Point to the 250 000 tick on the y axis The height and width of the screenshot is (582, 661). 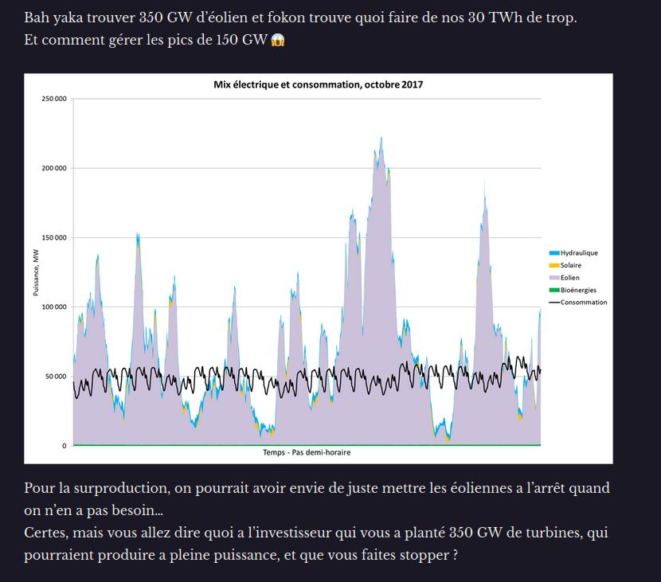(55, 99)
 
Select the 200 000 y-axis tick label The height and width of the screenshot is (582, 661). (55, 168)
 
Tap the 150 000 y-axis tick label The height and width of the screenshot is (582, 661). (55, 237)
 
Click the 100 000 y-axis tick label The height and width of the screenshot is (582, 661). (55, 307)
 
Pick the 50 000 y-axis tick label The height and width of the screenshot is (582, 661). (57, 377)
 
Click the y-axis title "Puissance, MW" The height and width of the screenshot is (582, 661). (36, 272)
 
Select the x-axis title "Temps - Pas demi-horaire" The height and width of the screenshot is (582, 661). (307, 452)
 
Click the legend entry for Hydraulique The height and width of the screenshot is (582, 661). (579, 253)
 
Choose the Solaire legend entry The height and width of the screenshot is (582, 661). (571, 265)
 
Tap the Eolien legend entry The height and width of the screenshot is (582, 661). (569, 278)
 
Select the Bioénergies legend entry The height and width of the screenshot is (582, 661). (578, 290)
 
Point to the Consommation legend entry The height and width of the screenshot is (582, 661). (583, 303)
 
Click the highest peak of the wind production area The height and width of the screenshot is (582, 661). (381, 139)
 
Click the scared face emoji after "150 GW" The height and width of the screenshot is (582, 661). (277, 40)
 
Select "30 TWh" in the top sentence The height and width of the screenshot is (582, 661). (497, 17)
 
